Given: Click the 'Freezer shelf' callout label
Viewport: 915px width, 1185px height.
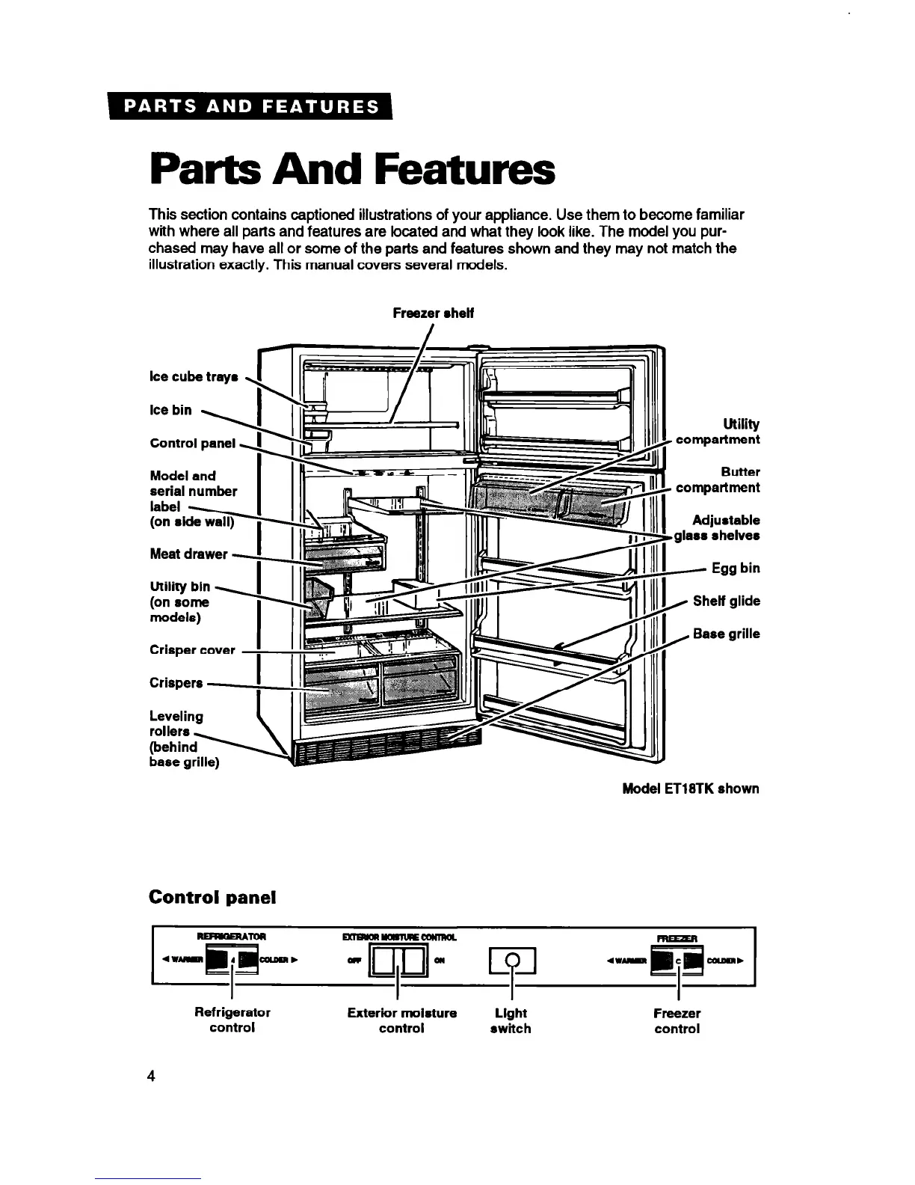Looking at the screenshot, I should point(433,313).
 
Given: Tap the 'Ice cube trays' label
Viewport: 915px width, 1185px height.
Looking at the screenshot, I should point(193,377).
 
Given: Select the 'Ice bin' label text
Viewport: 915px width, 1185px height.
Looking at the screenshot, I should point(170,410).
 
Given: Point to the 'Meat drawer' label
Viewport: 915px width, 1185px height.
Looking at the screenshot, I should point(188,554).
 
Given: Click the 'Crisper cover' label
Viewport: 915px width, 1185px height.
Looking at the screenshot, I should point(192,650).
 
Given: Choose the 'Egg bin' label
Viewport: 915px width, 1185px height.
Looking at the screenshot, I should point(736,569).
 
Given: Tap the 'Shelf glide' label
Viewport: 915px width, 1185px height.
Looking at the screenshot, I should point(726,601).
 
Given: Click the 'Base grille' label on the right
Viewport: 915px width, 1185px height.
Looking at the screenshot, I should point(726,634).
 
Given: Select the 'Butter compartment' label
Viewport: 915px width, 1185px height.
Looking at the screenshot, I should point(718,480).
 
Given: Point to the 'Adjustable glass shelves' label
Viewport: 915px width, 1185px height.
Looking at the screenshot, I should point(718,528).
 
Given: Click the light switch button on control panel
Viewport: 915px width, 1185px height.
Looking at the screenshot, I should point(511,961).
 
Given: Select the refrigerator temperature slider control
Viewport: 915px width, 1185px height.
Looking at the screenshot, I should point(232,961).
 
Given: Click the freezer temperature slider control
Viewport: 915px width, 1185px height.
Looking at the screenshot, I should point(677,961).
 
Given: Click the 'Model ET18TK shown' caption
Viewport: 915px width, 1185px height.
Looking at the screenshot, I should point(690,789).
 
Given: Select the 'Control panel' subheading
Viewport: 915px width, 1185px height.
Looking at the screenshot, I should point(212,897).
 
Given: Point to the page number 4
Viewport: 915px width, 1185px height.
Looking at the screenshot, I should point(151,1077).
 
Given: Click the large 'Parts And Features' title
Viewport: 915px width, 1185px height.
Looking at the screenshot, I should point(352,171).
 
